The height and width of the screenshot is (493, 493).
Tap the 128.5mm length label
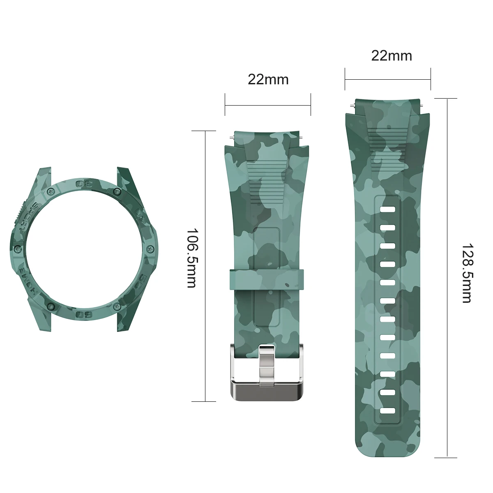pyautogui.click(x=466, y=273)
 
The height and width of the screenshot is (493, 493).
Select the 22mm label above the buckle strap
pyautogui.click(x=268, y=79)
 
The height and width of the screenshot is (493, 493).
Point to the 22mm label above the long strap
pyautogui.click(x=391, y=55)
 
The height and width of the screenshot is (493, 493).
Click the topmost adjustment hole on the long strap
pyautogui.click(x=387, y=210)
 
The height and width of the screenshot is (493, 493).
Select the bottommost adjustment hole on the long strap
pyautogui.click(x=387, y=410)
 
